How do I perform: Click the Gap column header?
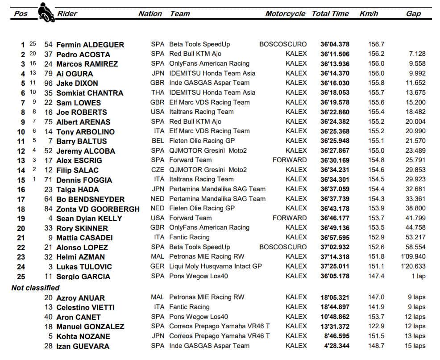[413, 13]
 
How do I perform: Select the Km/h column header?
[369, 13]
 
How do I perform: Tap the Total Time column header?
[330, 13]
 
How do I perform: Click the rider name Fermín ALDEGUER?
[90, 45]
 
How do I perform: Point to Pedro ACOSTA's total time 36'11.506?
[335, 54]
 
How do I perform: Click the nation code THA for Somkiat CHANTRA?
[158, 92]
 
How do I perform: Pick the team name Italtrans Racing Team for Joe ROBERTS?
[201, 112]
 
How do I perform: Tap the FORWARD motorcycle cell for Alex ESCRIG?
[290, 160]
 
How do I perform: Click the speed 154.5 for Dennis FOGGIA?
[376, 179]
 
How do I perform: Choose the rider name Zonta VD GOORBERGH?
[98, 209]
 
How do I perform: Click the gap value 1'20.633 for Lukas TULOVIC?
[413, 266]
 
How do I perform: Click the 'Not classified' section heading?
[35, 288]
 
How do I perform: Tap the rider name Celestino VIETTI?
[85, 307]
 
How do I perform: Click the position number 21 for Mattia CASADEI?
[21, 238]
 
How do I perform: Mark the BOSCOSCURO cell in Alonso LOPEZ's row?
[283, 247]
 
